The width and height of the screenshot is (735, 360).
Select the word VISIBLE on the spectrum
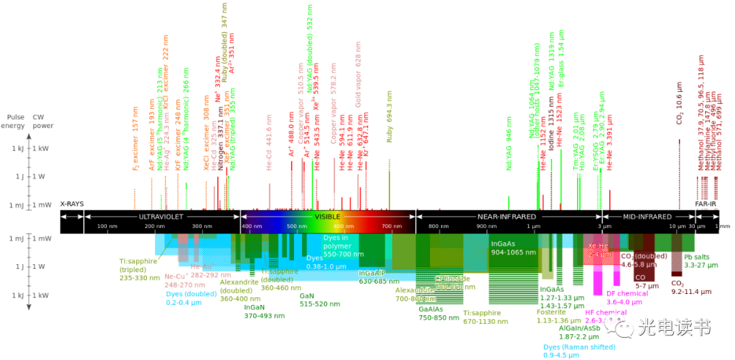(327, 216)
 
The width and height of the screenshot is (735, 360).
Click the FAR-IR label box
(706, 203)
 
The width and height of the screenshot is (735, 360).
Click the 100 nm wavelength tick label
(107, 226)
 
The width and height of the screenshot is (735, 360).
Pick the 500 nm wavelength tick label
(296, 226)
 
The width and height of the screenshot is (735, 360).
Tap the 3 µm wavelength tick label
(602, 226)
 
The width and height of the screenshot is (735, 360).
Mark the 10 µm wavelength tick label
(679, 226)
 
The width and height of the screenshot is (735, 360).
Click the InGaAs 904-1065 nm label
(513, 247)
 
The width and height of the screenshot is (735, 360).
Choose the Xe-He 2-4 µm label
(600, 250)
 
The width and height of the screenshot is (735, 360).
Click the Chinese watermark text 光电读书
(674, 328)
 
